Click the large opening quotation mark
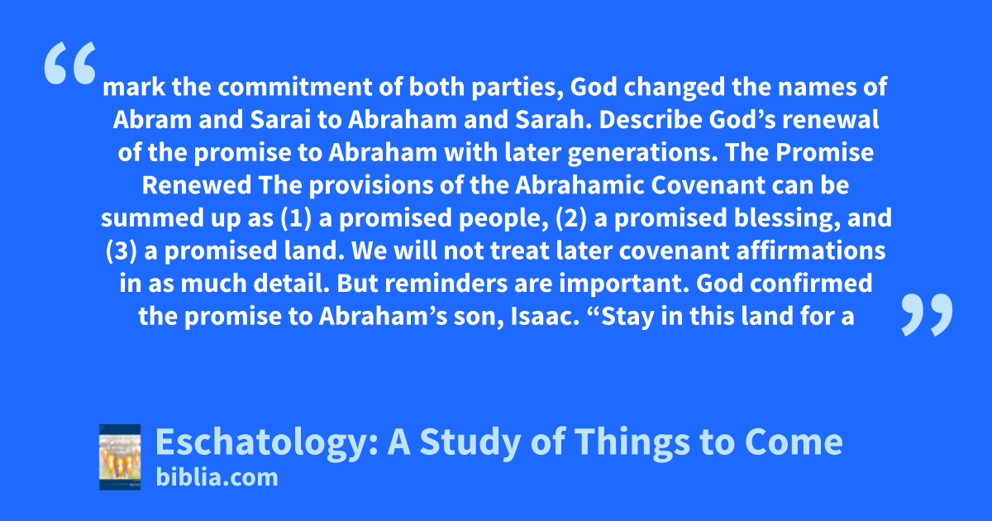[x=70, y=63]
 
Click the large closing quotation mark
[x=927, y=314]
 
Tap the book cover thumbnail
[x=120, y=456]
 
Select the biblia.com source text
[x=217, y=477]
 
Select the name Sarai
[x=280, y=120]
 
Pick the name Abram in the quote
[x=152, y=120]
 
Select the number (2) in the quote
[x=571, y=218]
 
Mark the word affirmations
[x=811, y=251]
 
